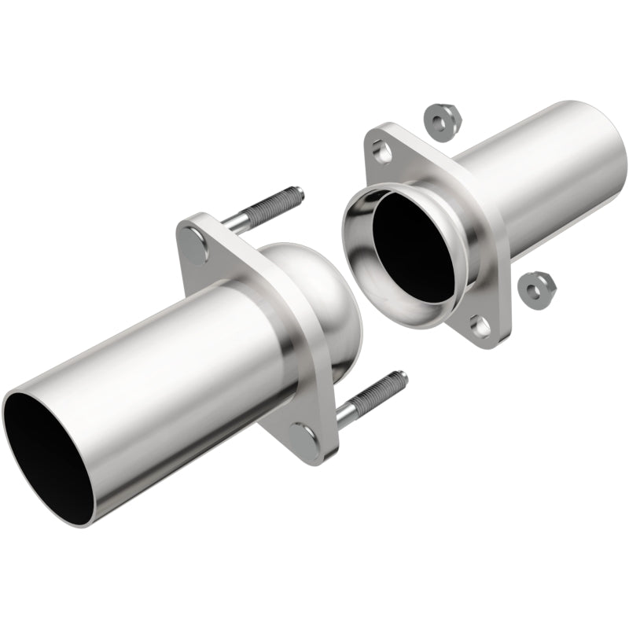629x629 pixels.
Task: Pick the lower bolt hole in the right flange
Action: pos(477,322)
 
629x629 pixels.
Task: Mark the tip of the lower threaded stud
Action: pos(403,377)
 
